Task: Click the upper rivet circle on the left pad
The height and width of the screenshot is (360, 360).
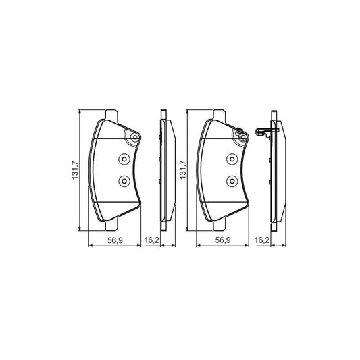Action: tap(124, 160)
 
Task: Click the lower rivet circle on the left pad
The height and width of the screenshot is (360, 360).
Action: tap(124, 180)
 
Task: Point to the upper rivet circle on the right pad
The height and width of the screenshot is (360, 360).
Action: tap(230, 160)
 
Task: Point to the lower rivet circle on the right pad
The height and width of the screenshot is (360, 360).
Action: tap(230, 180)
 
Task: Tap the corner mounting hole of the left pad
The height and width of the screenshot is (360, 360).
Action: tap(134, 138)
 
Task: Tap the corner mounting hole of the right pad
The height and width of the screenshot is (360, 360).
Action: tap(241, 138)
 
